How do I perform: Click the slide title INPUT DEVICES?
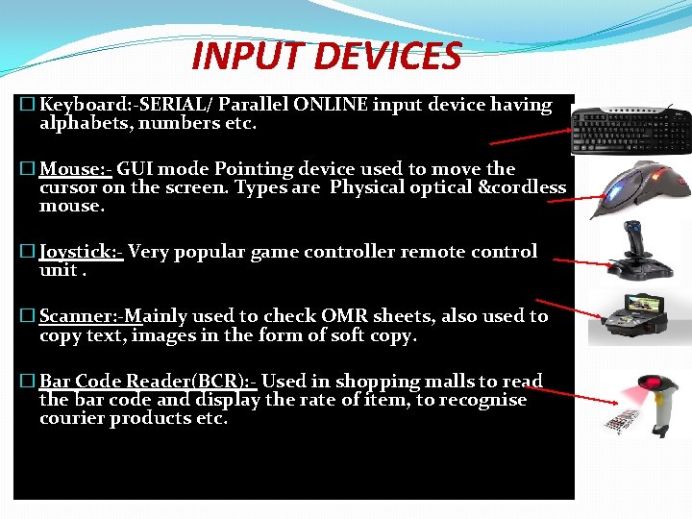point(327,56)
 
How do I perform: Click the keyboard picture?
point(630,131)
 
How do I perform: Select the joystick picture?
point(635,253)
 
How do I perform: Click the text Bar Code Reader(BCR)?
point(145,382)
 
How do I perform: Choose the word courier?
point(72,418)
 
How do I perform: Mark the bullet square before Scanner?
point(26,316)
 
